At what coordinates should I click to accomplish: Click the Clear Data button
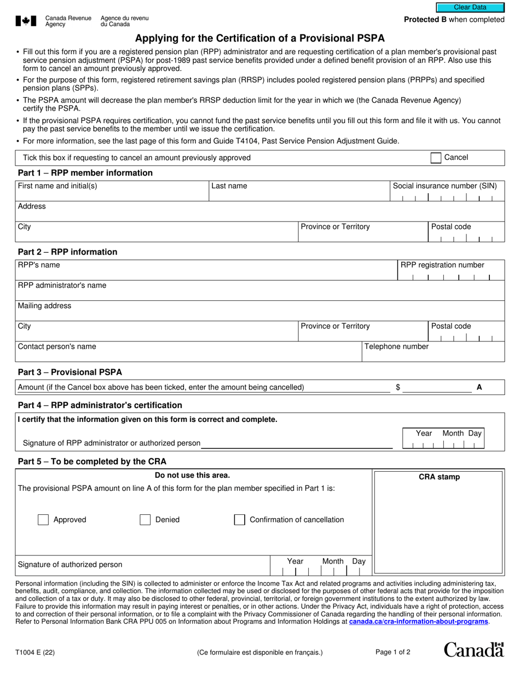click(x=470, y=8)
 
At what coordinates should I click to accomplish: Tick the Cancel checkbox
click(x=436, y=158)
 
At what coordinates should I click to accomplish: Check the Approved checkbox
click(x=43, y=520)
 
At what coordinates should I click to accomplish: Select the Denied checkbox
click(x=145, y=520)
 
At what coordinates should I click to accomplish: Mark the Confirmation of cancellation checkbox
click(x=239, y=520)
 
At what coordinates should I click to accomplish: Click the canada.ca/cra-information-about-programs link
click(x=418, y=622)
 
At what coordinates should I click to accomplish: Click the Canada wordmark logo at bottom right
click(x=473, y=650)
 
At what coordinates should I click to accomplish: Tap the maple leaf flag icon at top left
click(x=26, y=21)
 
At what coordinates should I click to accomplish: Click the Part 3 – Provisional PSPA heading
click(x=70, y=372)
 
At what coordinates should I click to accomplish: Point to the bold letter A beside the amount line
click(x=479, y=387)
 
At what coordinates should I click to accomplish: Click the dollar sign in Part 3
click(x=398, y=387)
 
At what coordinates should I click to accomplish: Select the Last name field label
click(x=229, y=186)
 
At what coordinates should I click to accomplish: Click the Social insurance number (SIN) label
click(x=444, y=186)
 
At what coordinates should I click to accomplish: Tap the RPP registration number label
click(x=442, y=265)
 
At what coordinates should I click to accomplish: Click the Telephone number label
click(x=396, y=346)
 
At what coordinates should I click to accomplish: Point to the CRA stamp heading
click(x=439, y=477)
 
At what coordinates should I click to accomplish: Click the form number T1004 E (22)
click(x=36, y=652)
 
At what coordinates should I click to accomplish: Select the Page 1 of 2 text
click(x=392, y=652)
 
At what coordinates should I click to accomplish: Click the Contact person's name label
click(x=57, y=346)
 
